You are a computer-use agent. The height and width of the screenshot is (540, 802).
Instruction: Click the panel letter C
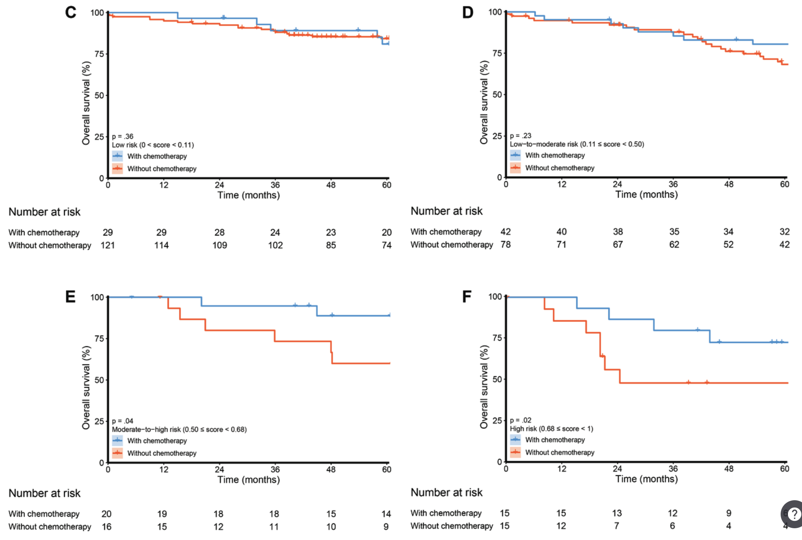point(71,13)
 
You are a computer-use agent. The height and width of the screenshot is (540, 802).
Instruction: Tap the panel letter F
point(467,297)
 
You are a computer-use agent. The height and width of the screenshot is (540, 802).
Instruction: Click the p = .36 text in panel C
point(123,136)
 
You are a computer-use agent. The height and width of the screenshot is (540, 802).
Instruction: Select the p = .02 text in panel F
point(520,420)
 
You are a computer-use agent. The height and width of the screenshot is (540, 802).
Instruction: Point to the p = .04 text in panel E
point(123,421)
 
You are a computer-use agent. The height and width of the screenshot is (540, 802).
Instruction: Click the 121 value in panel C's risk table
point(108,245)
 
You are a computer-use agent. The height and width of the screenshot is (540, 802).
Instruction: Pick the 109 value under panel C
point(219,245)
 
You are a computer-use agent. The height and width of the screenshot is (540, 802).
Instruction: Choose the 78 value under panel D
point(506,245)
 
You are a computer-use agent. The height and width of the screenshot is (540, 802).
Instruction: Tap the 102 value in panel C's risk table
point(275,245)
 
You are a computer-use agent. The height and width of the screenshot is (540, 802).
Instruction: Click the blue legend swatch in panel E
point(117,441)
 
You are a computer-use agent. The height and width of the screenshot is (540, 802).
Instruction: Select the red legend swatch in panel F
point(516,452)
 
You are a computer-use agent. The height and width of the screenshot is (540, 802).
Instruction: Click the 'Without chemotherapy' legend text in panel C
point(162,169)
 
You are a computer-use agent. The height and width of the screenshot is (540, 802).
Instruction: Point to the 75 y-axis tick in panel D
point(497,53)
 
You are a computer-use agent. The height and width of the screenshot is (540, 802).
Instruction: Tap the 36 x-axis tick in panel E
point(275,470)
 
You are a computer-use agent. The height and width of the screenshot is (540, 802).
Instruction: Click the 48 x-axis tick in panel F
point(729,469)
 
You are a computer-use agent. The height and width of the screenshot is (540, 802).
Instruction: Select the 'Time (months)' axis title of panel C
point(249,195)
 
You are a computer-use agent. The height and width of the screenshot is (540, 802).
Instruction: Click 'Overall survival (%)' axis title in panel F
point(484,387)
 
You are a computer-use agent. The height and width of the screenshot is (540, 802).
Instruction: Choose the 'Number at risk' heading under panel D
point(446,211)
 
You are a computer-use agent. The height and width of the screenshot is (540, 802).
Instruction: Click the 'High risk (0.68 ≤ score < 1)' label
point(551,429)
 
